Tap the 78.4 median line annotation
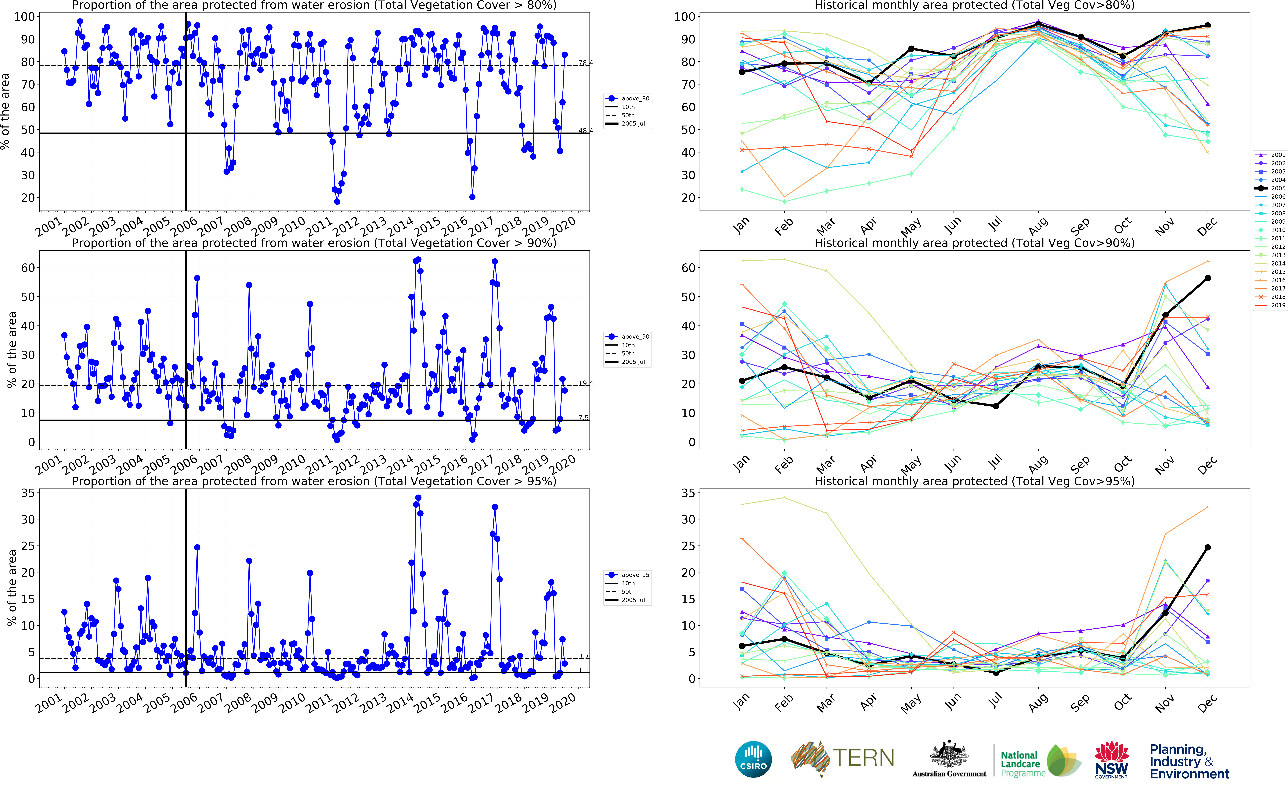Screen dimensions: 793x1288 click(x=586, y=63)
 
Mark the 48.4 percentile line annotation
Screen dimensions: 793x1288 click(x=586, y=131)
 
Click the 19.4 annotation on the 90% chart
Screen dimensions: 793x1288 click(x=586, y=383)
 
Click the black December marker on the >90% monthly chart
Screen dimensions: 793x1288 click(x=1208, y=278)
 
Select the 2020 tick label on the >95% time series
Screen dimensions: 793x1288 click(x=562, y=702)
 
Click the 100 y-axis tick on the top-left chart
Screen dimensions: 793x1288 click(x=24, y=17)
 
